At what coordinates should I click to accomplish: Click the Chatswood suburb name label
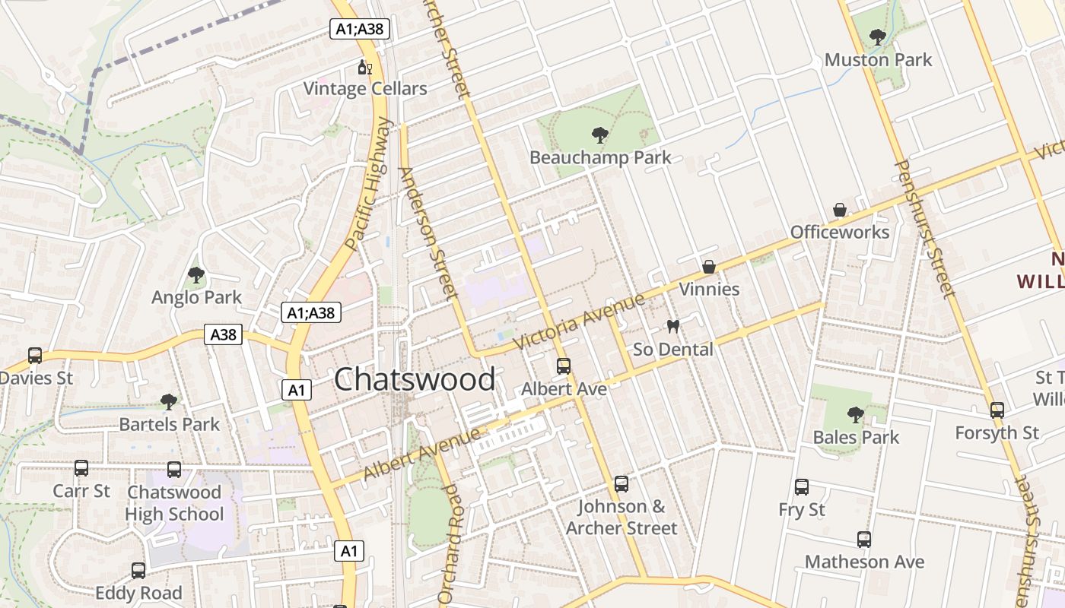click(x=415, y=379)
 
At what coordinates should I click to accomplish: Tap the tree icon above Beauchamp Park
click(x=600, y=135)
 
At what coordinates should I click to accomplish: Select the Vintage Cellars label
click(x=365, y=89)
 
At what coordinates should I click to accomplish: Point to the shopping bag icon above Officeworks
click(x=840, y=210)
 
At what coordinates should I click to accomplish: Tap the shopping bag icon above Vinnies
click(x=709, y=267)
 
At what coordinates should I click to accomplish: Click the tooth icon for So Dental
click(x=672, y=327)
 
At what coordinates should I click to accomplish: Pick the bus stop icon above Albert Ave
click(x=564, y=366)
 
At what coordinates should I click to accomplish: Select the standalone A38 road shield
click(x=223, y=334)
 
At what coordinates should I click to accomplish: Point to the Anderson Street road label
click(x=428, y=233)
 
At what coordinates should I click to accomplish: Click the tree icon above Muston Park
click(x=878, y=36)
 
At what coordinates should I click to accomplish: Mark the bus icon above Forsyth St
click(x=997, y=410)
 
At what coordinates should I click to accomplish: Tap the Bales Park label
click(x=856, y=437)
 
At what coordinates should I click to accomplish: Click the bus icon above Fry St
click(x=802, y=487)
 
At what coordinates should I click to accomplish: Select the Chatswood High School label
click(x=174, y=503)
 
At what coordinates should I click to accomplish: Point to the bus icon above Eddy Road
click(x=138, y=570)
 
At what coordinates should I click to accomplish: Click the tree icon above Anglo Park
click(x=196, y=274)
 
